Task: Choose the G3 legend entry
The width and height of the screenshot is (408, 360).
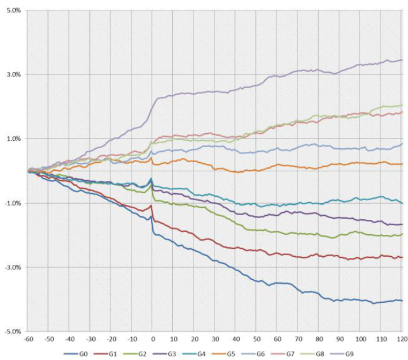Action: [x=176, y=352]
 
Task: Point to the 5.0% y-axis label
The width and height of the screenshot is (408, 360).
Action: [x=12, y=10]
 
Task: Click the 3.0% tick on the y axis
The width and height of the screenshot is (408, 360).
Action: [x=12, y=74]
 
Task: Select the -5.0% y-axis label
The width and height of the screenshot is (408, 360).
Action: [x=12, y=332]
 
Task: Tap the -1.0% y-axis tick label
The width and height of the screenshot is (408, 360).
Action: [x=12, y=203]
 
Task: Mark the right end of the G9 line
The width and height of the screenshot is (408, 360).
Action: [x=402, y=60]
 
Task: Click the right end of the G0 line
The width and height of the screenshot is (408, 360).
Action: [x=402, y=301]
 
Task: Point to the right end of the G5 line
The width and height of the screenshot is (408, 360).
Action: [x=402, y=164]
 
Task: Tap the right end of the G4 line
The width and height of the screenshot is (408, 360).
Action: [x=402, y=203]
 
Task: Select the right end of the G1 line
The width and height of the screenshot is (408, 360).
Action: [x=402, y=257]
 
